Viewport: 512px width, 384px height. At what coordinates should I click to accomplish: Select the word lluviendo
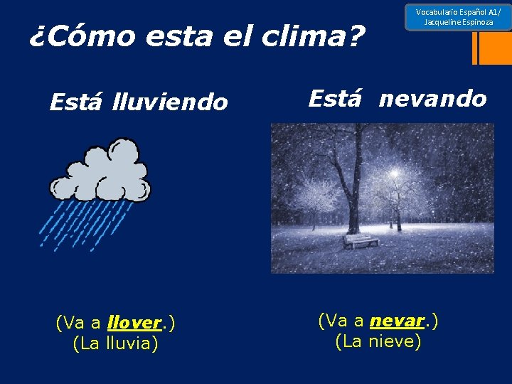(x=170, y=103)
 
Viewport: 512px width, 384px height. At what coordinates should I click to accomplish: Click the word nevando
(x=432, y=98)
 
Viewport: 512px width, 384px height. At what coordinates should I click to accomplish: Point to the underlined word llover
(x=134, y=323)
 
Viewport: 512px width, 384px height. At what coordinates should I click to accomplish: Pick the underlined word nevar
(x=397, y=321)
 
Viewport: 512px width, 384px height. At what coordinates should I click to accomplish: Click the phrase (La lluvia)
(x=115, y=343)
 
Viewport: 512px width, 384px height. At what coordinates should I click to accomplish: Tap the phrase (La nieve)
(x=378, y=341)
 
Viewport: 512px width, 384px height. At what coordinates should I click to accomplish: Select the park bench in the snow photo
(x=361, y=241)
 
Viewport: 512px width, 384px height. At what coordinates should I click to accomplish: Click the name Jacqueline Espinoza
(x=458, y=23)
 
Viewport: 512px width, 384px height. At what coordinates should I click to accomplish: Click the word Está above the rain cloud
(x=78, y=103)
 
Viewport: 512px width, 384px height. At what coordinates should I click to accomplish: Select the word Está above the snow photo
(x=336, y=98)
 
